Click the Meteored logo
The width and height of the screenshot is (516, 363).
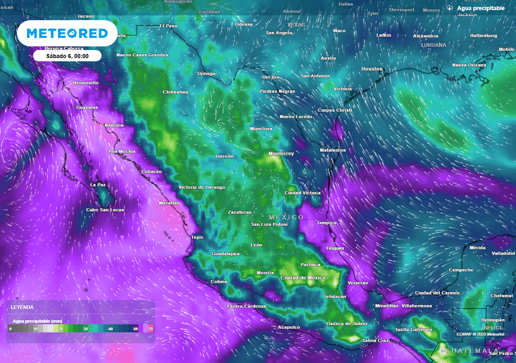(x=67, y=33)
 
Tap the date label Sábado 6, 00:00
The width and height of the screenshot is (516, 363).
(x=68, y=56)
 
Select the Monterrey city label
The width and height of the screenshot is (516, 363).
(x=281, y=154)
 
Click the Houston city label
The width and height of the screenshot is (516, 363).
(x=372, y=69)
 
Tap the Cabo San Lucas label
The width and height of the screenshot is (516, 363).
(x=105, y=210)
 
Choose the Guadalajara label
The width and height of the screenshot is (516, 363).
(x=225, y=254)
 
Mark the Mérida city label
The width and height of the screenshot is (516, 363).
(x=477, y=248)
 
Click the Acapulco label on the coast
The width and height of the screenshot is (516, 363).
(x=289, y=327)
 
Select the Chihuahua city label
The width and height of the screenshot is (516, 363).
(x=175, y=92)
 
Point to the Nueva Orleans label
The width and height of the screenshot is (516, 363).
(x=469, y=65)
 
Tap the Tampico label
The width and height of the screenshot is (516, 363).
(x=326, y=222)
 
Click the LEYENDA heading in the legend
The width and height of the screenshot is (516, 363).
(x=22, y=307)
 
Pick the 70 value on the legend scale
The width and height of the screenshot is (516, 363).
(x=150, y=329)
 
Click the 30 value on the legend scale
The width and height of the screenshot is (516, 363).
(x=86, y=329)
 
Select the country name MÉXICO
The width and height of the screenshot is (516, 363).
(x=286, y=217)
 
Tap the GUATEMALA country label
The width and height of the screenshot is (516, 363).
(x=472, y=350)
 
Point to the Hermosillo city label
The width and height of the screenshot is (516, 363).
(x=86, y=82)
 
